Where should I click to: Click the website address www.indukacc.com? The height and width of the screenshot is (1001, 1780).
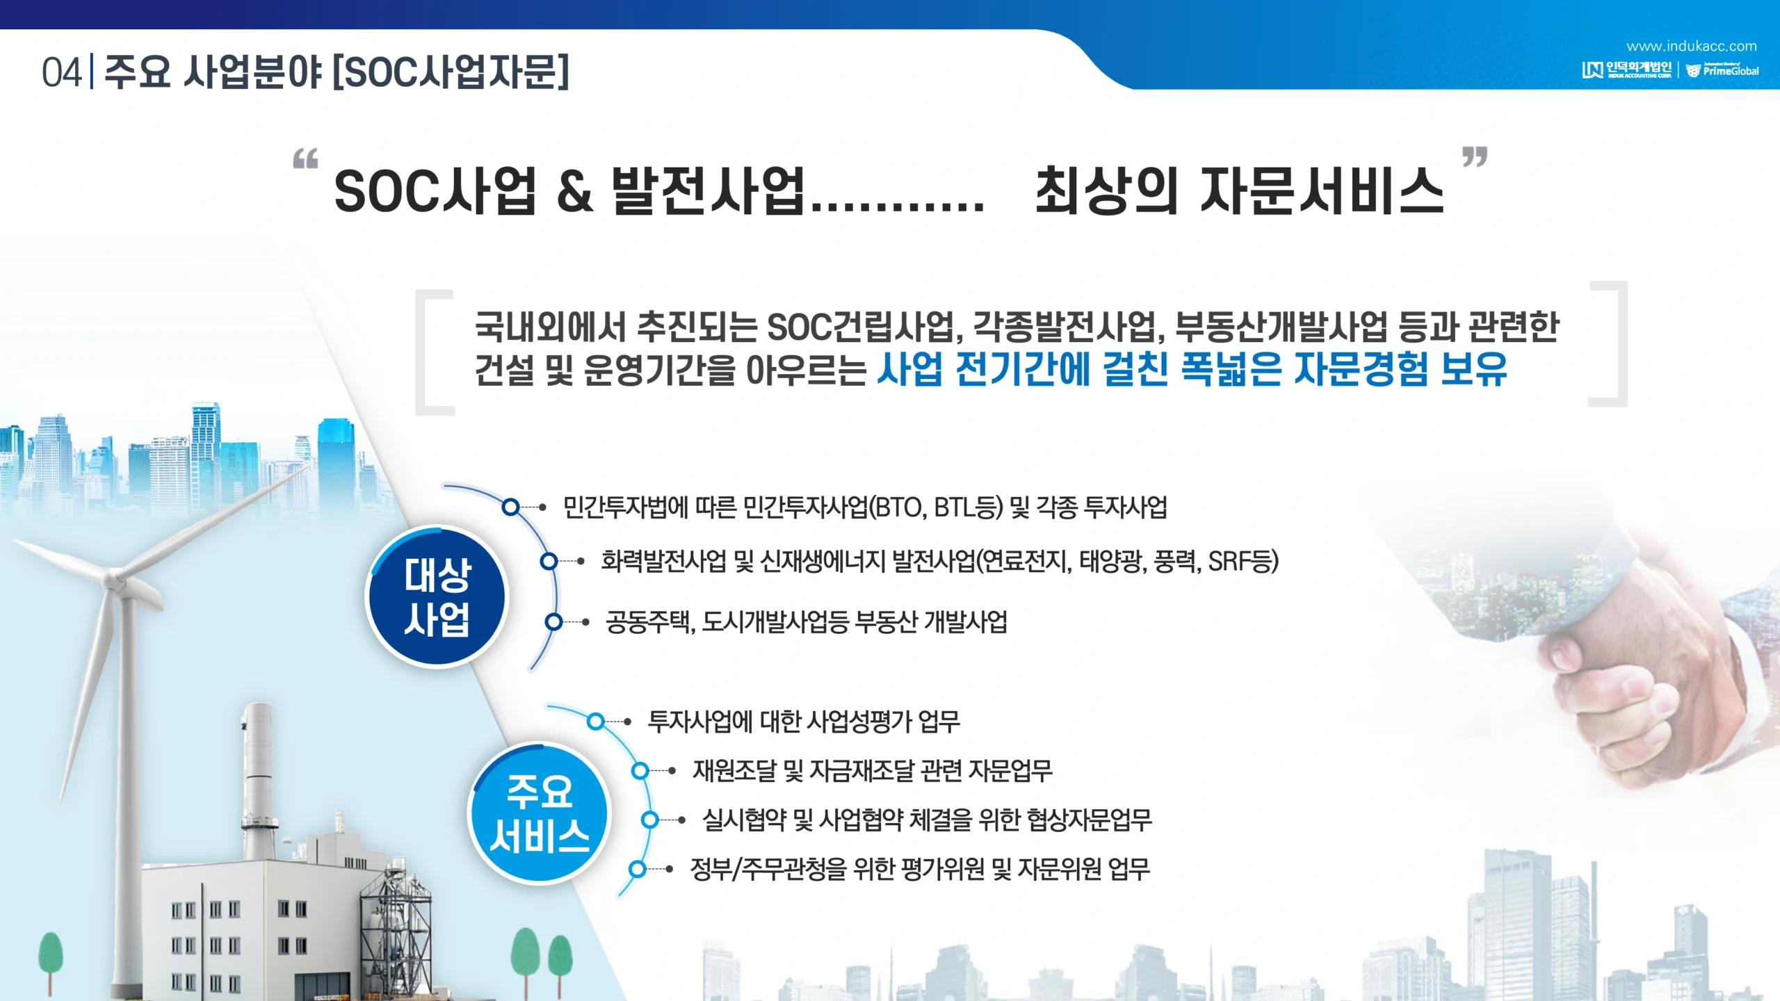click(1691, 47)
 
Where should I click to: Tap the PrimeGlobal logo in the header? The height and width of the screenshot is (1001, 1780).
click(1722, 70)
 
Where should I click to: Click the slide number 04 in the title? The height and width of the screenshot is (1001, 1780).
click(62, 73)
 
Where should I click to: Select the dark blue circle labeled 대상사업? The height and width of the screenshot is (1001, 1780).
click(437, 596)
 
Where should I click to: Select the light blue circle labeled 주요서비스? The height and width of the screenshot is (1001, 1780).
click(540, 813)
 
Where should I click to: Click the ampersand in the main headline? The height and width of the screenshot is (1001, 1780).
click(575, 191)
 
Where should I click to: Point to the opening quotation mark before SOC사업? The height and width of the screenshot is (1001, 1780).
click(305, 158)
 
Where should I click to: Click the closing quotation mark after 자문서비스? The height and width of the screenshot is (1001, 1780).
click(1474, 157)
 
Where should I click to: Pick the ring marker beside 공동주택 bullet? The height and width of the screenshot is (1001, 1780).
click(553, 622)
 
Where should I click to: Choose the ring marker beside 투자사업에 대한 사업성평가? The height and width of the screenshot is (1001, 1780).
click(595, 722)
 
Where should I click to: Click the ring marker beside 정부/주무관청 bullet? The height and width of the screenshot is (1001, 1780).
click(637, 869)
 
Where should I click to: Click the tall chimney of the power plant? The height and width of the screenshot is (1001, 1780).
click(258, 779)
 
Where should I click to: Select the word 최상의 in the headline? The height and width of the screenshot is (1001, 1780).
click(1106, 190)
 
